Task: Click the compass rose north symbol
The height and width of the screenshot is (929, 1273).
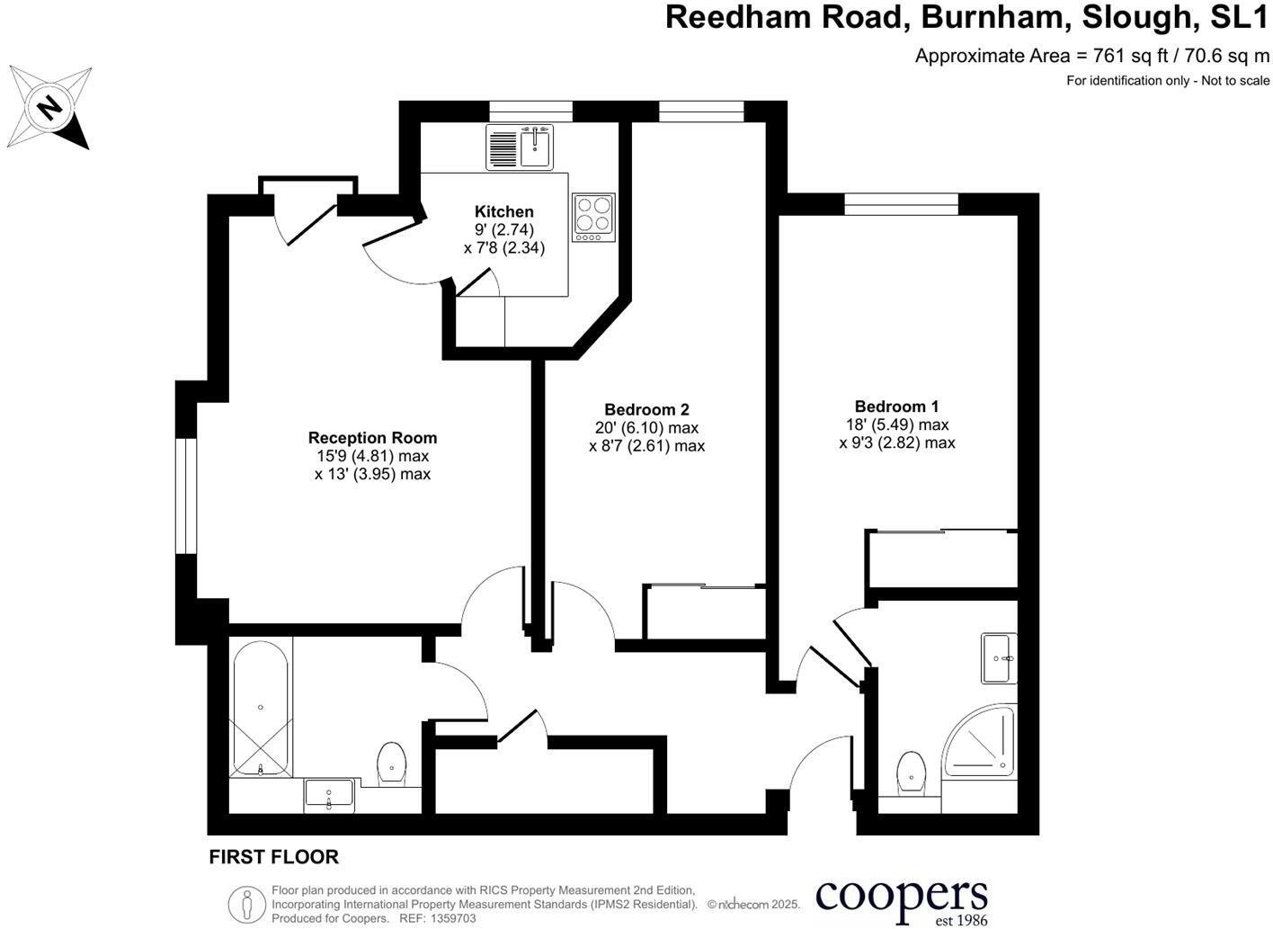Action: coord(49,108)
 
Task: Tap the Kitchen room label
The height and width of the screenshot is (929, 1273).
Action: coord(504,212)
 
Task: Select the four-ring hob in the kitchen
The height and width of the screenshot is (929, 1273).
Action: coord(593,218)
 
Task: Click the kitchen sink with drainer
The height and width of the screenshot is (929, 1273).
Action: coord(520,147)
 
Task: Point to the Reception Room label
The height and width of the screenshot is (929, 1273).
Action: coord(372,438)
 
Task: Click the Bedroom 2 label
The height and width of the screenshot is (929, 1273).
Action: coord(646,410)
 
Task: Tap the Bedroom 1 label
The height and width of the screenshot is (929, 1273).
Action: coord(896,406)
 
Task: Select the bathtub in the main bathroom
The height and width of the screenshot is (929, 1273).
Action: coord(261,709)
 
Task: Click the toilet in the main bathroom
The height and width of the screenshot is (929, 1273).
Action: coord(391,763)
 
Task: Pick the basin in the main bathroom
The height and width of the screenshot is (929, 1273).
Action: coord(330,794)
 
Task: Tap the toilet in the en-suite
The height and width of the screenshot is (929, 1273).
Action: coord(911,773)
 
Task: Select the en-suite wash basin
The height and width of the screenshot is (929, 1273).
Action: coord(1000,658)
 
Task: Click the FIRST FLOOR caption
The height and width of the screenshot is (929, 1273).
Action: coord(273,857)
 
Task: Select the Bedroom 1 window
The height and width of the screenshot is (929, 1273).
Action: coord(901,204)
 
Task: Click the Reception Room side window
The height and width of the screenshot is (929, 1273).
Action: coord(186,496)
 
